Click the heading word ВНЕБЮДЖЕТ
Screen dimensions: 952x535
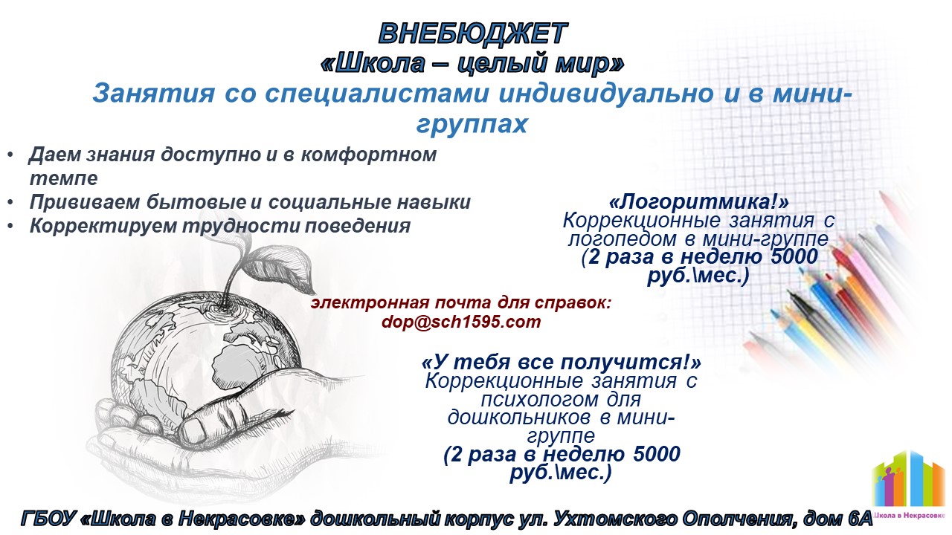coord(473,33)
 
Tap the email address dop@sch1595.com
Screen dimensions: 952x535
coord(461,322)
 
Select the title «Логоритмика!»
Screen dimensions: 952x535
coord(698,201)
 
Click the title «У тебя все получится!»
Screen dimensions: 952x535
coord(561,362)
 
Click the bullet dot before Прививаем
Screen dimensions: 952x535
coord(10,203)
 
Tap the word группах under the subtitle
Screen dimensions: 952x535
coord(472,124)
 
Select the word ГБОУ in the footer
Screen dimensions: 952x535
coord(47,519)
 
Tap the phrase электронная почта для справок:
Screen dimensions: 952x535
coord(460,303)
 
